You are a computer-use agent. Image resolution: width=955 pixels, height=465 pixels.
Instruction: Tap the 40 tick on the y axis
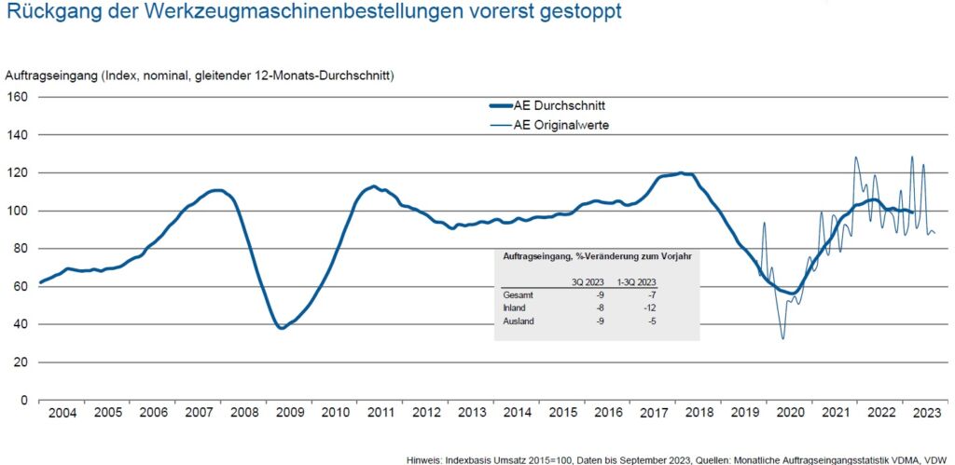coord(21,324)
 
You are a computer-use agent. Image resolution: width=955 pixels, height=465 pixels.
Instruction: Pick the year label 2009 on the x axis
coord(290,412)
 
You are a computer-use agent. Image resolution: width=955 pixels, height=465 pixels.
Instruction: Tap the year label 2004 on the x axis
coord(62,412)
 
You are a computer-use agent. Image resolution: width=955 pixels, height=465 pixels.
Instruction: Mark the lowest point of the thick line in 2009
coord(281,328)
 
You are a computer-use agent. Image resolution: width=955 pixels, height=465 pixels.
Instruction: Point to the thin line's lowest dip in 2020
coord(782,338)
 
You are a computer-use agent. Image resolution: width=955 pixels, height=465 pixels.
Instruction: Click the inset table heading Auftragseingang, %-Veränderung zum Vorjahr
coord(596,255)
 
